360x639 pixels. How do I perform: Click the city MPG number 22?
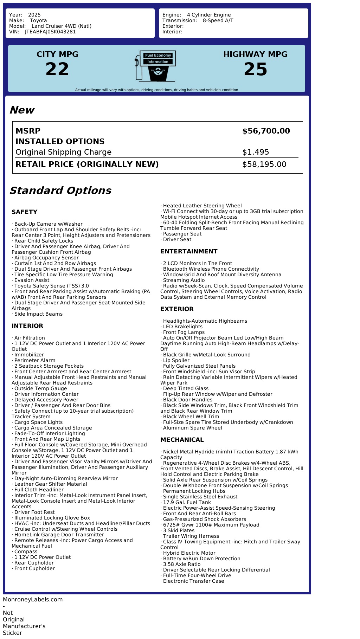coord(57,69)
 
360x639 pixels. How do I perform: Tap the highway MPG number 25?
coord(255,69)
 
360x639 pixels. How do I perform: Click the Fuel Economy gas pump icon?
coord(155,66)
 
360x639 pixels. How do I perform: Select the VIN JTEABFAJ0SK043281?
coord(50,32)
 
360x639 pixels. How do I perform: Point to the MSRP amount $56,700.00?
coord(266,131)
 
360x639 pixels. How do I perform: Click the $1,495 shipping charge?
coord(256,152)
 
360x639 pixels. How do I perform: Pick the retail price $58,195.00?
coord(264,164)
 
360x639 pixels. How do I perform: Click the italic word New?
coord(22,110)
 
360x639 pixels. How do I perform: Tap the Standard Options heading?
coord(60,191)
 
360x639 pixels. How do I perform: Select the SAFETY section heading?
coord(24,212)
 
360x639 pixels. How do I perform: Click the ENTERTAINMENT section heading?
coord(189,251)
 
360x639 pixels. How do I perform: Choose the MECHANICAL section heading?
coord(182,440)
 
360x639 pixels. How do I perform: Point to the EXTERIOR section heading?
coord(177,309)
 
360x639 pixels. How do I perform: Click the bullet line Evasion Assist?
coord(32,280)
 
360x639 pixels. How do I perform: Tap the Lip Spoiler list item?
coord(176,360)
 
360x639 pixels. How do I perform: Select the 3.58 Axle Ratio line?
coord(182,564)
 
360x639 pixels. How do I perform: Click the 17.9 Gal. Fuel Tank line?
coord(187,502)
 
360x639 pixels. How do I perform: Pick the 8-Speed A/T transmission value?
coord(218,20)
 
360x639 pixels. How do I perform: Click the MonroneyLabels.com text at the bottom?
coord(33,600)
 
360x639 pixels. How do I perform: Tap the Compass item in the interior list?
coord(26,551)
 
